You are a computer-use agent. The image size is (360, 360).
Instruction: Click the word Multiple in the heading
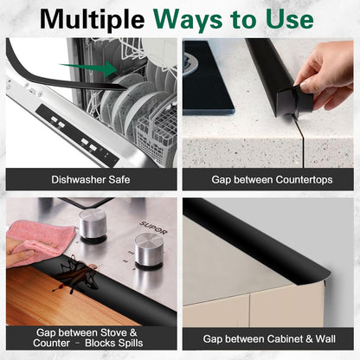tap(92, 20)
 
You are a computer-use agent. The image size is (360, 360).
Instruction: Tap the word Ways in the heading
tap(189, 19)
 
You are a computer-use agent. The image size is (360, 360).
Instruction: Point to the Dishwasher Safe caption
tap(91, 180)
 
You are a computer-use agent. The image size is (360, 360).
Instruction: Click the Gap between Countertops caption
tap(272, 180)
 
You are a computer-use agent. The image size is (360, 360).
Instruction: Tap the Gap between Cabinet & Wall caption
tap(269, 339)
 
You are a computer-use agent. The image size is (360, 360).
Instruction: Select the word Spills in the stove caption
tap(128, 344)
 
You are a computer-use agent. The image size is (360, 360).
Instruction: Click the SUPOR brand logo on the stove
tap(153, 228)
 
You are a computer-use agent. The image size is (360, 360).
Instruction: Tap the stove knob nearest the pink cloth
tap(93, 225)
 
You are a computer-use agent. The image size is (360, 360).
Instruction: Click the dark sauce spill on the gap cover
tap(75, 275)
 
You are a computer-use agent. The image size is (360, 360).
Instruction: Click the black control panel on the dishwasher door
tap(77, 135)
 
